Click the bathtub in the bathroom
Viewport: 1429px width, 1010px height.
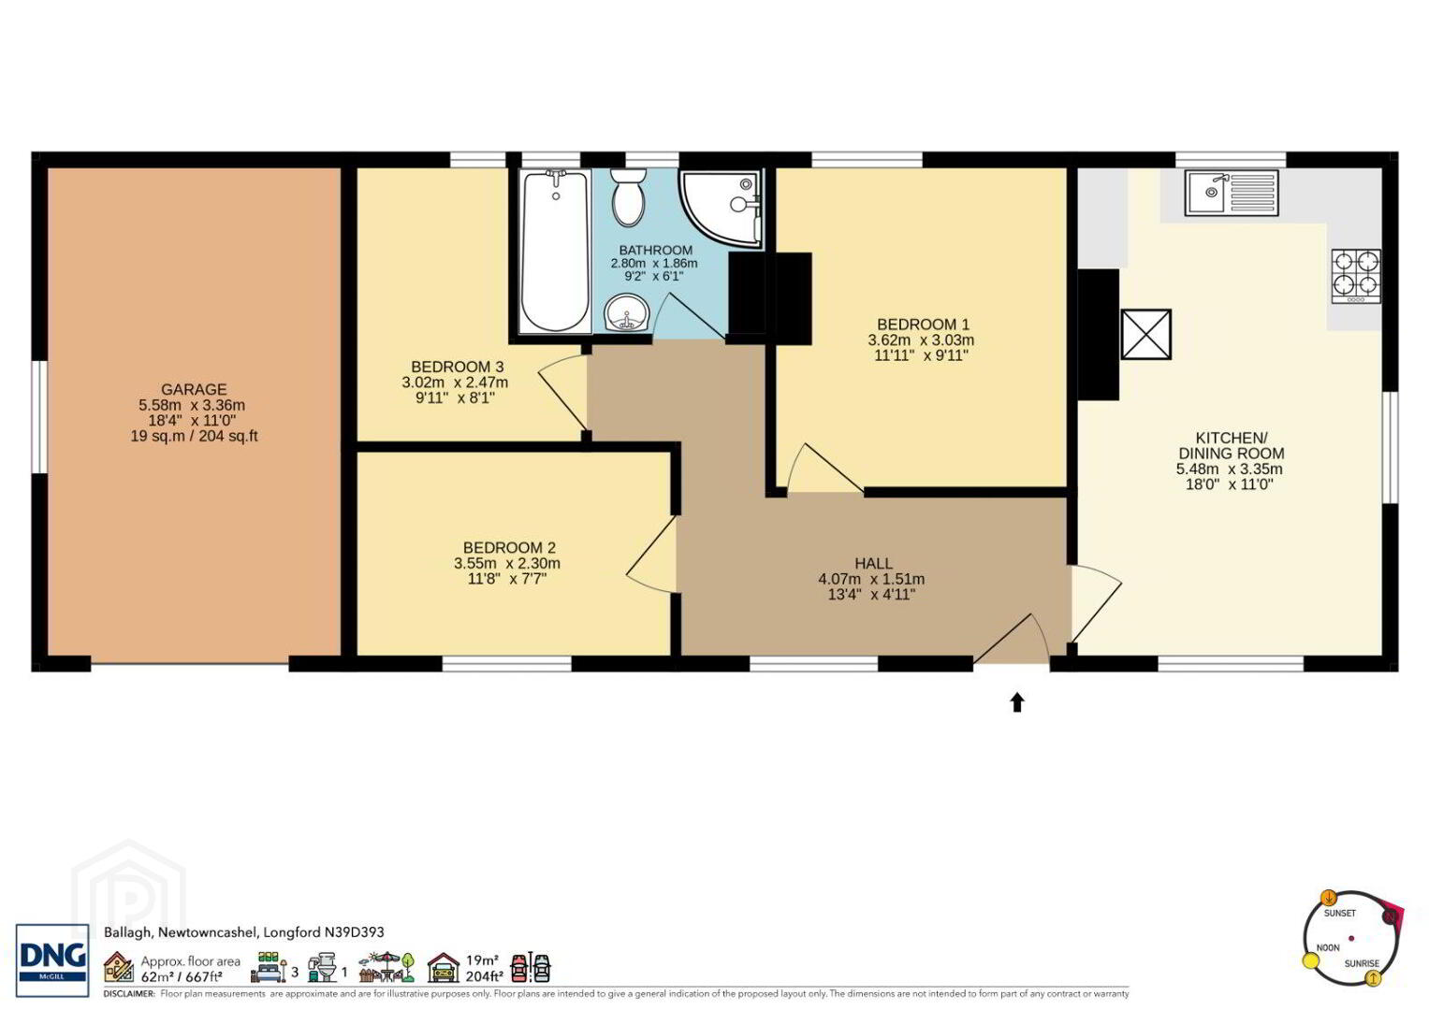point(554,251)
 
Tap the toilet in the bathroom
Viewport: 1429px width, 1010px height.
point(628,197)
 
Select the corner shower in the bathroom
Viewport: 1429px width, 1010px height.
point(722,209)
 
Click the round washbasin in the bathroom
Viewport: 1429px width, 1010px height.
point(626,313)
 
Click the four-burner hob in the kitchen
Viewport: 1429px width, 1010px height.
point(1356,276)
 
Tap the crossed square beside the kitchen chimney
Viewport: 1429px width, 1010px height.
point(1145,334)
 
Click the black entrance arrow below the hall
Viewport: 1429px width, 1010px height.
point(1017,702)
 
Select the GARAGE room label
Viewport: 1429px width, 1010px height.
point(194,389)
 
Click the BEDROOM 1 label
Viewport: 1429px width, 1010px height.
point(923,324)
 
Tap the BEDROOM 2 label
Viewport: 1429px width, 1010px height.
point(509,547)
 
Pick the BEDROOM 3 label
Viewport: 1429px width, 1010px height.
point(458,367)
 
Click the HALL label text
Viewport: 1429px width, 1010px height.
point(873,563)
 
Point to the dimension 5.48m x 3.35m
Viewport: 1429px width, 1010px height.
point(1230,469)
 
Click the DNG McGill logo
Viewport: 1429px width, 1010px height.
point(52,959)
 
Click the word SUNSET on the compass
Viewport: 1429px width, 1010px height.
point(1340,913)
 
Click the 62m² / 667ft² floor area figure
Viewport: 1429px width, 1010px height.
point(182,976)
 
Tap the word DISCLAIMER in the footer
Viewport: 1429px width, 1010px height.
point(128,993)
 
